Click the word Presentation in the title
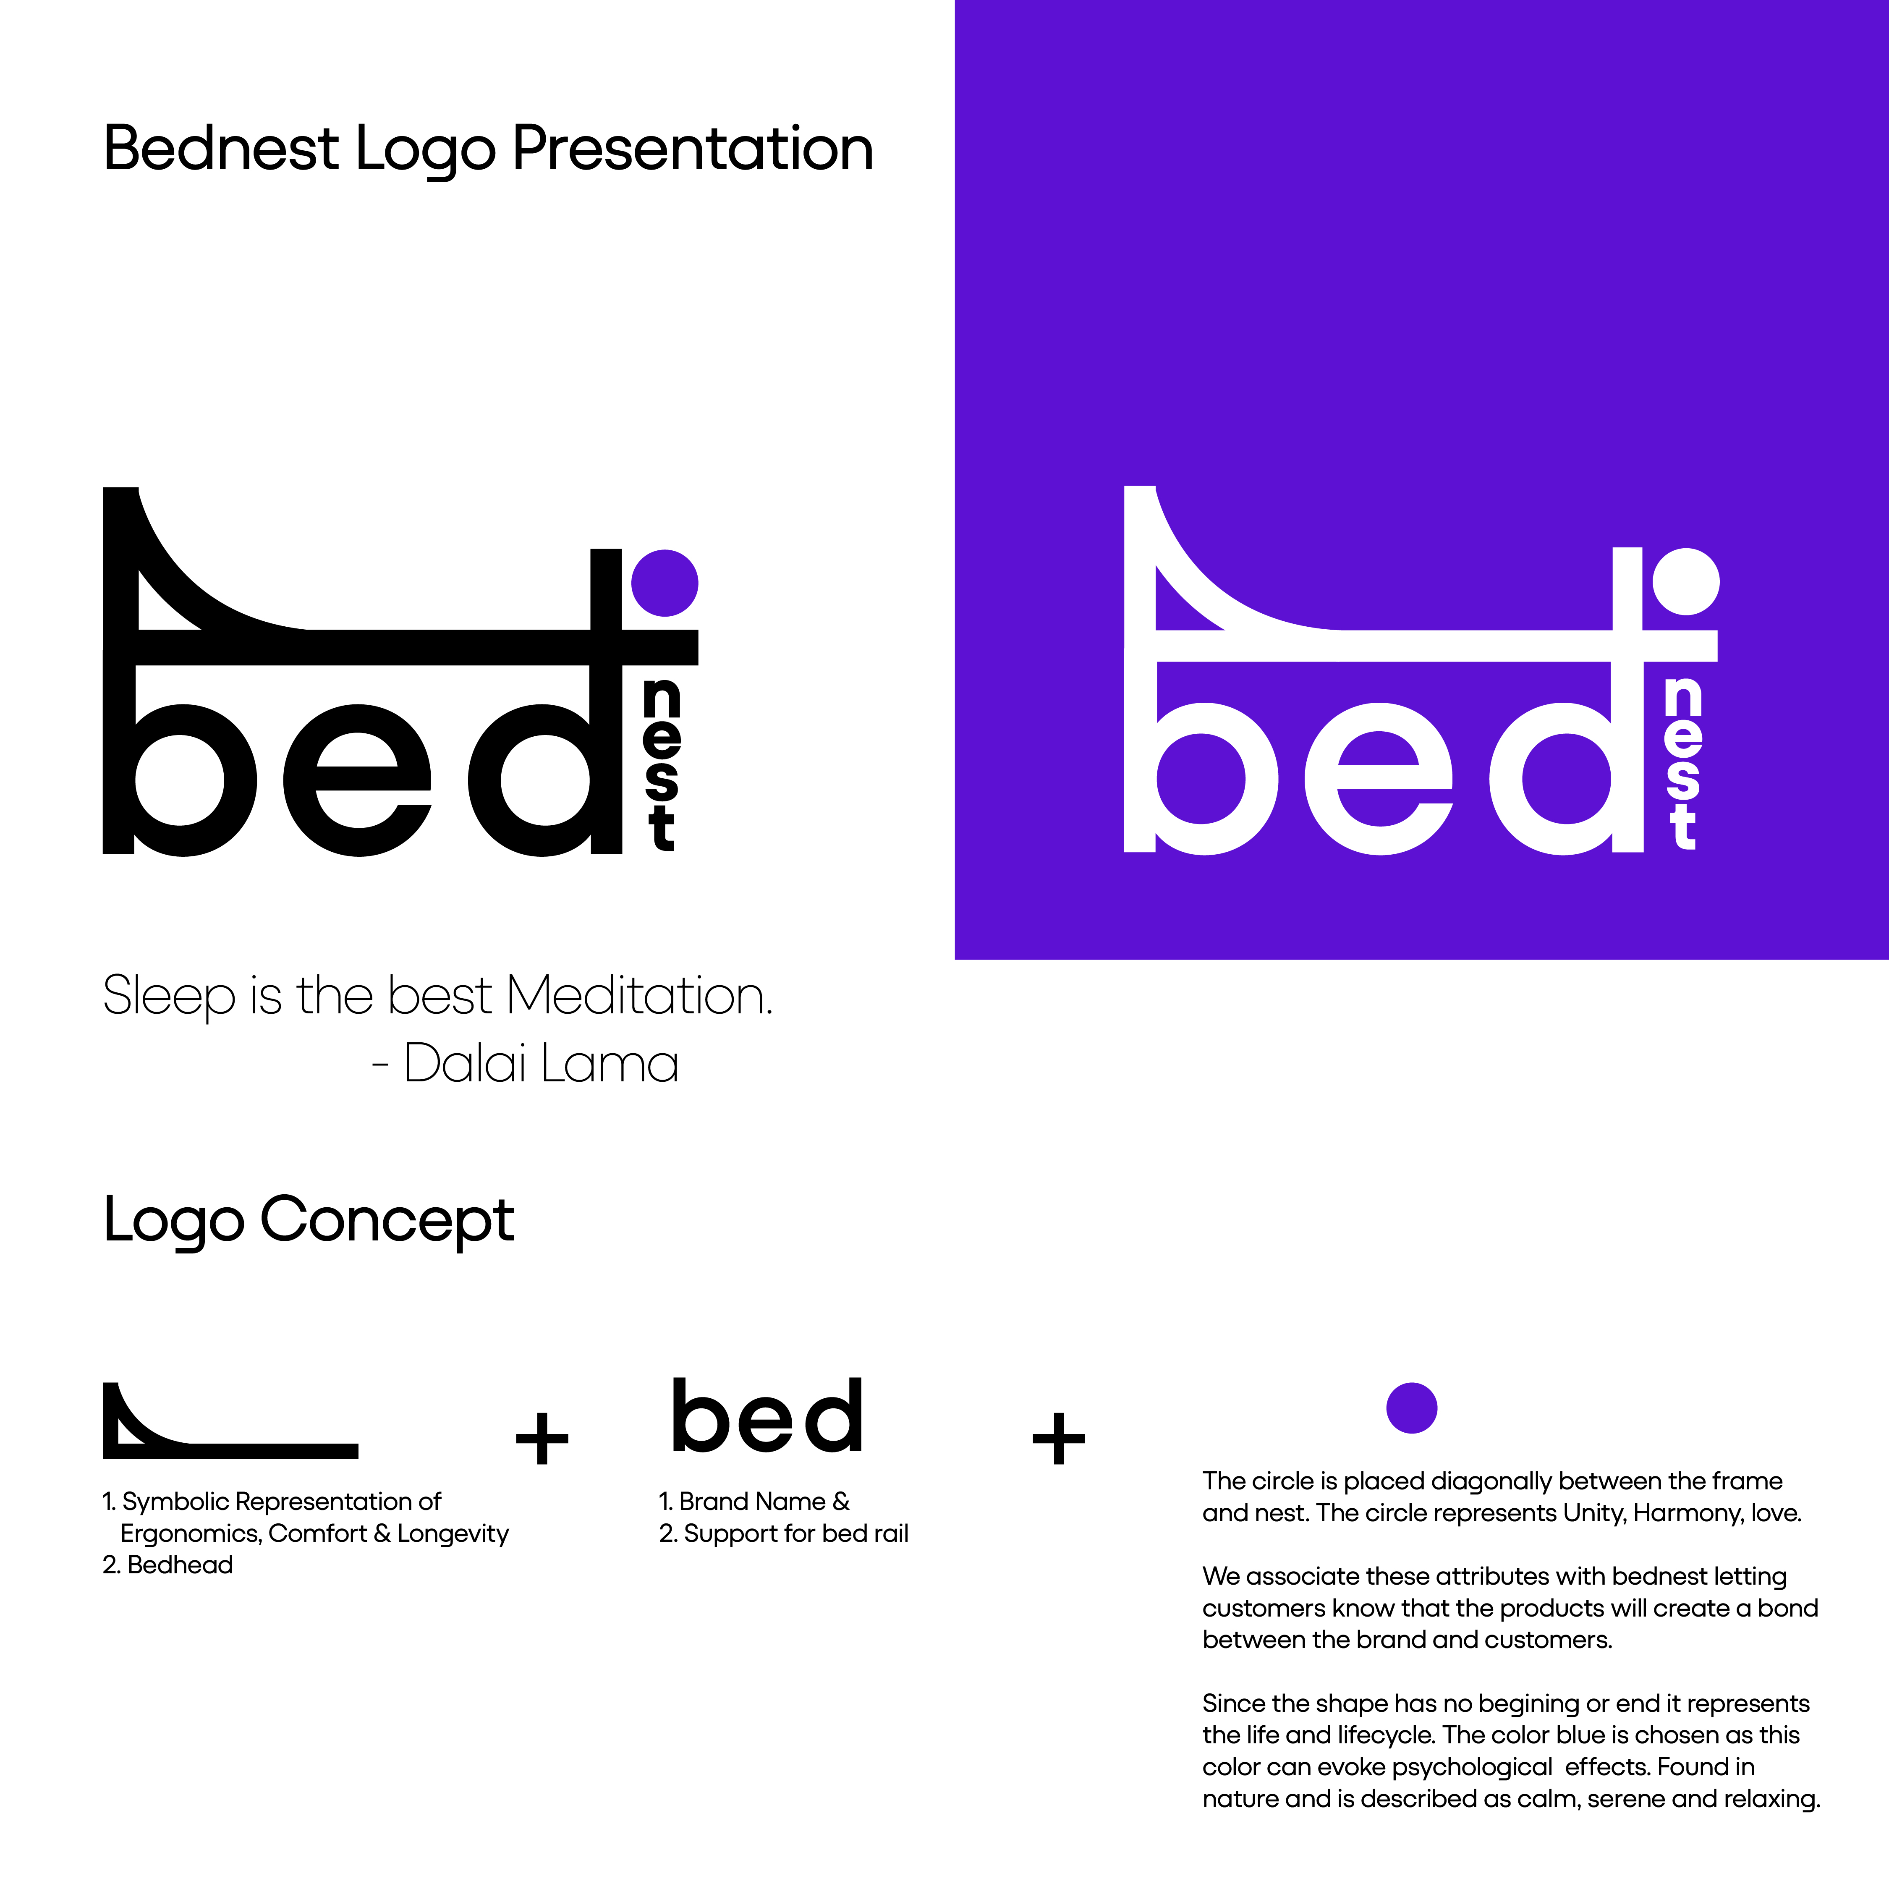[x=692, y=149]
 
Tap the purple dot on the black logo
[x=665, y=583]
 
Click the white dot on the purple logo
[x=1686, y=582]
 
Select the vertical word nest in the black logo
[x=662, y=764]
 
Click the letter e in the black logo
[x=358, y=780]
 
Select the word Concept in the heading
[x=386, y=1220]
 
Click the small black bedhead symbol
[x=230, y=1423]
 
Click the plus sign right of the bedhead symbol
[x=542, y=1437]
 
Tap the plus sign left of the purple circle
[x=1059, y=1437]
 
